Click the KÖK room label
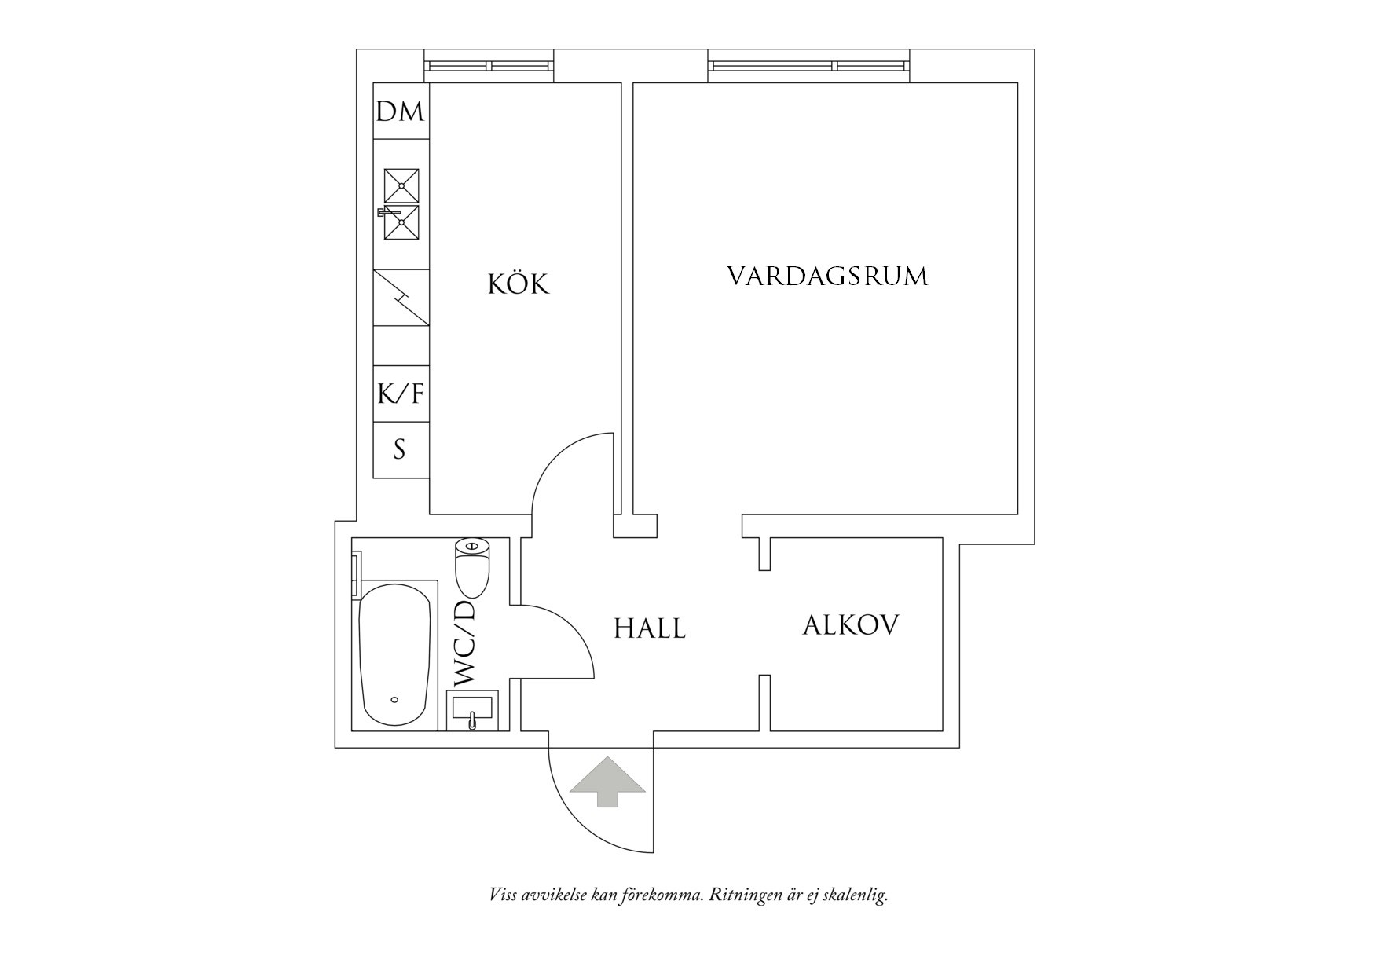pyautogui.click(x=519, y=284)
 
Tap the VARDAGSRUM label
pyautogui.click(x=826, y=276)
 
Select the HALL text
pyautogui.click(x=649, y=628)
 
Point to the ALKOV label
pyautogui.click(x=851, y=625)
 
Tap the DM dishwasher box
pyautogui.click(x=400, y=112)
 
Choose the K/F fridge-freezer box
pyautogui.click(x=400, y=394)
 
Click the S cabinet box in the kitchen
pyautogui.click(x=400, y=450)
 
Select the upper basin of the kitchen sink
pyautogui.click(x=401, y=185)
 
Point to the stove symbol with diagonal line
pyautogui.click(x=401, y=298)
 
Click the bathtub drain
pyautogui.click(x=394, y=699)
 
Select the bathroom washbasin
pyautogui.click(x=472, y=710)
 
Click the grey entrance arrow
pyautogui.click(x=607, y=782)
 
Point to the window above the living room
pyautogui.click(x=809, y=66)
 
